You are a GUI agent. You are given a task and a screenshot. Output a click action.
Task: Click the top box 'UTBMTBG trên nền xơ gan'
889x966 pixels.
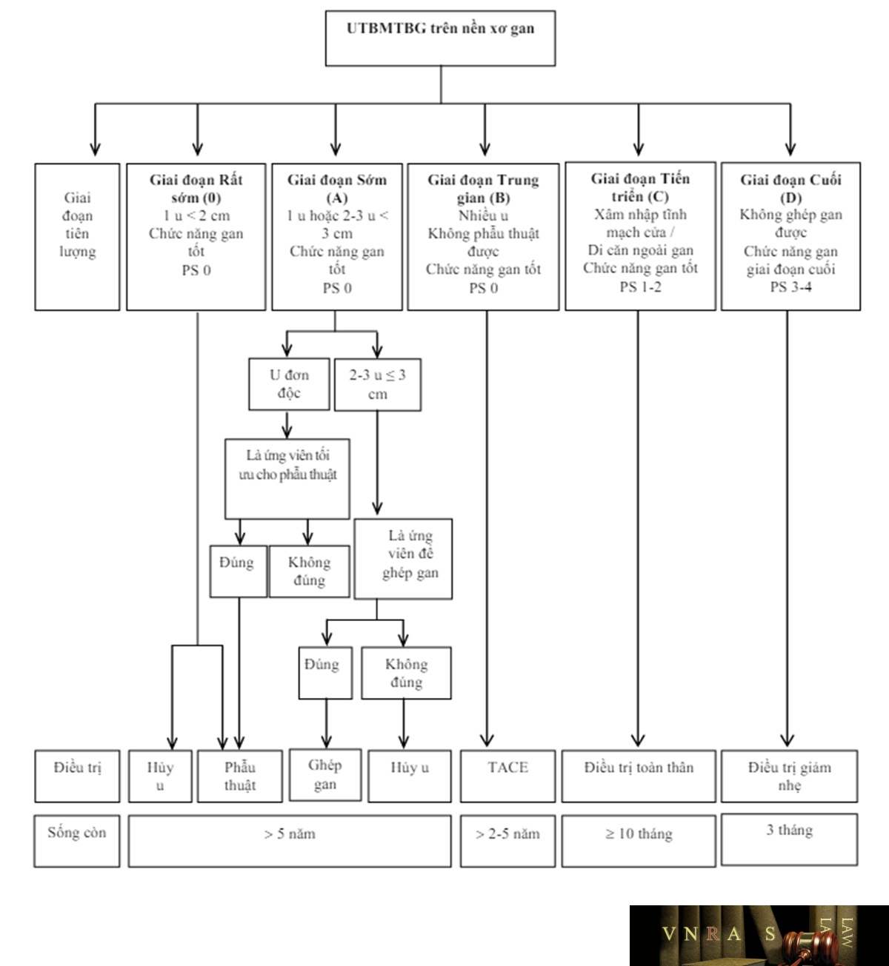(x=440, y=38)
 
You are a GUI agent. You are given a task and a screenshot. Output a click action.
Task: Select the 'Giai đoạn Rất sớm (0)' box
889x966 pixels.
(x=196, y=237)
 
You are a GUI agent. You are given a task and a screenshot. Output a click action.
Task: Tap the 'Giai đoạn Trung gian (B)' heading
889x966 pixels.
(x=483, y=188)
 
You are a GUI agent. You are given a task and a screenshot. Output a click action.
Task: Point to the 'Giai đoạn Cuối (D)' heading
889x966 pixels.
(x=790, y=188)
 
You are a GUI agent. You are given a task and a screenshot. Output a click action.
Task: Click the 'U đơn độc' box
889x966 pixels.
(x=289, y=383)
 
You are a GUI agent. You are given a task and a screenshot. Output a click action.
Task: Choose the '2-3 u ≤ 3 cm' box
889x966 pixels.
(x=378, y=384)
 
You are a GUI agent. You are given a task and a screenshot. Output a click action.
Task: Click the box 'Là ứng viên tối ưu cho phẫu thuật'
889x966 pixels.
(x=287, y=479)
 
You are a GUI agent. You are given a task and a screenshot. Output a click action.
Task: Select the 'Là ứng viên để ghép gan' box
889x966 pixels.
(x=403, y=559)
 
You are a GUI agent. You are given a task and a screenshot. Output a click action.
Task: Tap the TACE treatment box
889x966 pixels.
(x=507, y=776)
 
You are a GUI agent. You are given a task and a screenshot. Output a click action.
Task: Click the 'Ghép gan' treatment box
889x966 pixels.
(x=325, y=775)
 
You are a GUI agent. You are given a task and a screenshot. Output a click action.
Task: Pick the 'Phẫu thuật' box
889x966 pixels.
(x=239, y=776)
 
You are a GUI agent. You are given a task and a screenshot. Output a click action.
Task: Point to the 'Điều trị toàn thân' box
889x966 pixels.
(x=639, y=776)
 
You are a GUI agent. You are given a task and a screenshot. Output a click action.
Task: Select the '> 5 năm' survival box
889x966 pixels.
(x=290, y=841)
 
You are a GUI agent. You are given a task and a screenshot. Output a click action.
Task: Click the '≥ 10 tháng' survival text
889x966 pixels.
(x=639, y=833)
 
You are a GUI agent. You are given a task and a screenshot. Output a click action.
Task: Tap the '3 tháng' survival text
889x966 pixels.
(x=789, y=830)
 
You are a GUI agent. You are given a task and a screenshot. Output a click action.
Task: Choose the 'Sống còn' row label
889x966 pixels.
(x=76, y=833)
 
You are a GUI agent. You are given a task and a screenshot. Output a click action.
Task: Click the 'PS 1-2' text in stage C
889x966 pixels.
(x=640, y=287)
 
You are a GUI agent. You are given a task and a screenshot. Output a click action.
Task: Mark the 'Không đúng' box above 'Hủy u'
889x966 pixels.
(x=407, y=673)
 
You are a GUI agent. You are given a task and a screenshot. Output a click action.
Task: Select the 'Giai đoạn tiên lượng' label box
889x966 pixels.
(x=77, y=237)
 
